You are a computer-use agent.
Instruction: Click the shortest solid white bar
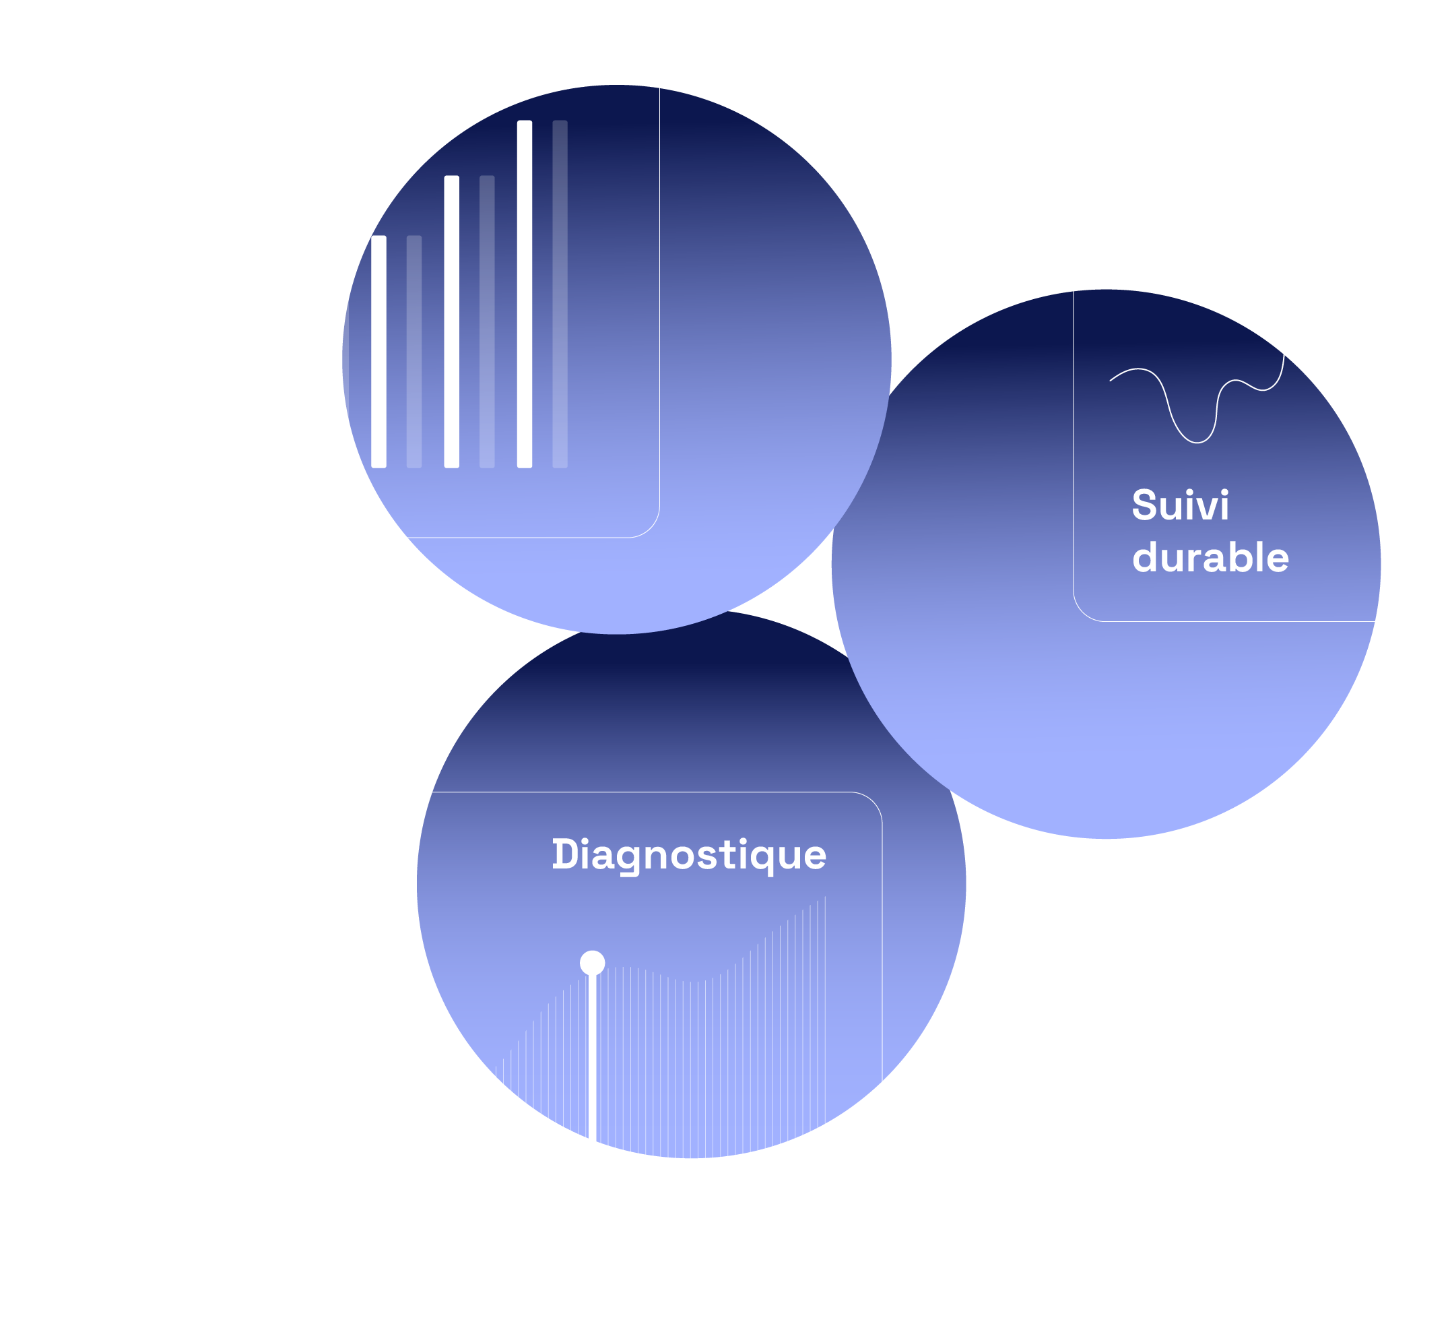tap(379, 352)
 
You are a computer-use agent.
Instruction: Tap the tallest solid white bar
tap(525, 294)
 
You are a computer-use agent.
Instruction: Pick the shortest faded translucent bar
tap(414, 352)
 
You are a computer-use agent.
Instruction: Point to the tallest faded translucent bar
tap(560, 294)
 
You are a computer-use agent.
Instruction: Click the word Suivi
tap(1181, 505)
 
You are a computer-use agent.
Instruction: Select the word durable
tap(1210, 558)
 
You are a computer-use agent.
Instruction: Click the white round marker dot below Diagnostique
tap(593, 963)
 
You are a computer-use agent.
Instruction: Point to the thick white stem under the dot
tap(593, 1058)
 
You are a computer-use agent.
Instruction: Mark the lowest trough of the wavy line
tap(1197, 442)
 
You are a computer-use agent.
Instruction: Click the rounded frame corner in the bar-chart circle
tap(649, 528)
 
